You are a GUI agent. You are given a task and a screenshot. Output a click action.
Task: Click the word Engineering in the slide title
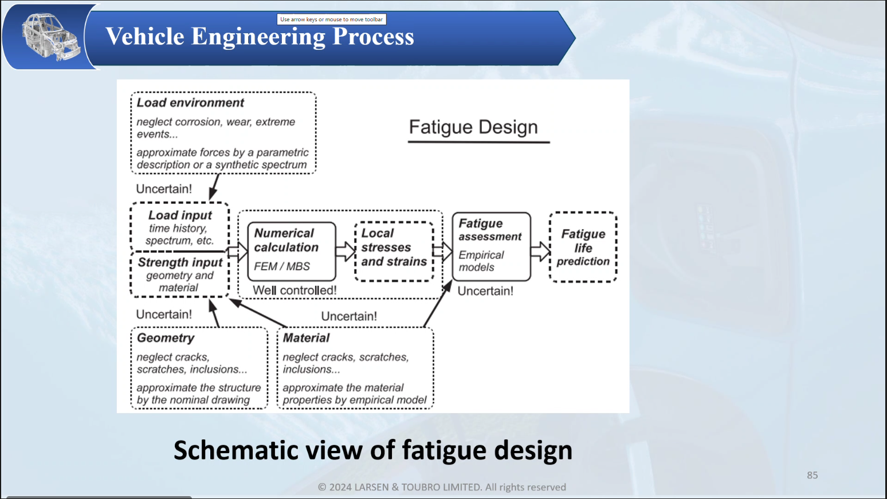coord(258,37)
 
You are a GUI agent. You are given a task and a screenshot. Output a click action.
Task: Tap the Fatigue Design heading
coord(473,127)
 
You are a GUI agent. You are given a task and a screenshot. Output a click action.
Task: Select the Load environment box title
coord(190,103)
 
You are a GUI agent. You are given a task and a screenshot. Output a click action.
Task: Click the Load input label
coord(180,215)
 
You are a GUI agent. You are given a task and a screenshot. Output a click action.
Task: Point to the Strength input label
coord(180,262)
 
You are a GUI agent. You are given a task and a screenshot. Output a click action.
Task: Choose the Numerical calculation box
coord(291,251)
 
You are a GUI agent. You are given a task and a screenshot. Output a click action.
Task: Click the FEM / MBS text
coord(282,266)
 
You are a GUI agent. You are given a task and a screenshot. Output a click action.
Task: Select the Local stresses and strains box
coord(394,251)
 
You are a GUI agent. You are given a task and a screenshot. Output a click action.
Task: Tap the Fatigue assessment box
coord(491,246)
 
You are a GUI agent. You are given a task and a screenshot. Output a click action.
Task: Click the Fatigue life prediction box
coord(583,247)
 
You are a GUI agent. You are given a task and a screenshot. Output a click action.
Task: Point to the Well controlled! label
coord(295,290)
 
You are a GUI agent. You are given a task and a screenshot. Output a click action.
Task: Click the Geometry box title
coord(166,338)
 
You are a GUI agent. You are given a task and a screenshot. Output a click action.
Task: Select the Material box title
coord(307,338)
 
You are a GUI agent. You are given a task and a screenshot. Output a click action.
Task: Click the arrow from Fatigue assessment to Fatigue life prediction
coord(540,251)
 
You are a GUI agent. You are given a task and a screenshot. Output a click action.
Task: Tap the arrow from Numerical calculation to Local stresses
coord(345,251)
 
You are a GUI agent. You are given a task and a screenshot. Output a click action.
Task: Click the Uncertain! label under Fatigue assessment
coord(485,291)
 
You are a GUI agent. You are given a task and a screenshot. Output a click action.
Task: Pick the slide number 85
coord(812,475)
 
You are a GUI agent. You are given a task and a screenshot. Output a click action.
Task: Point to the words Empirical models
coord(481,261)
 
